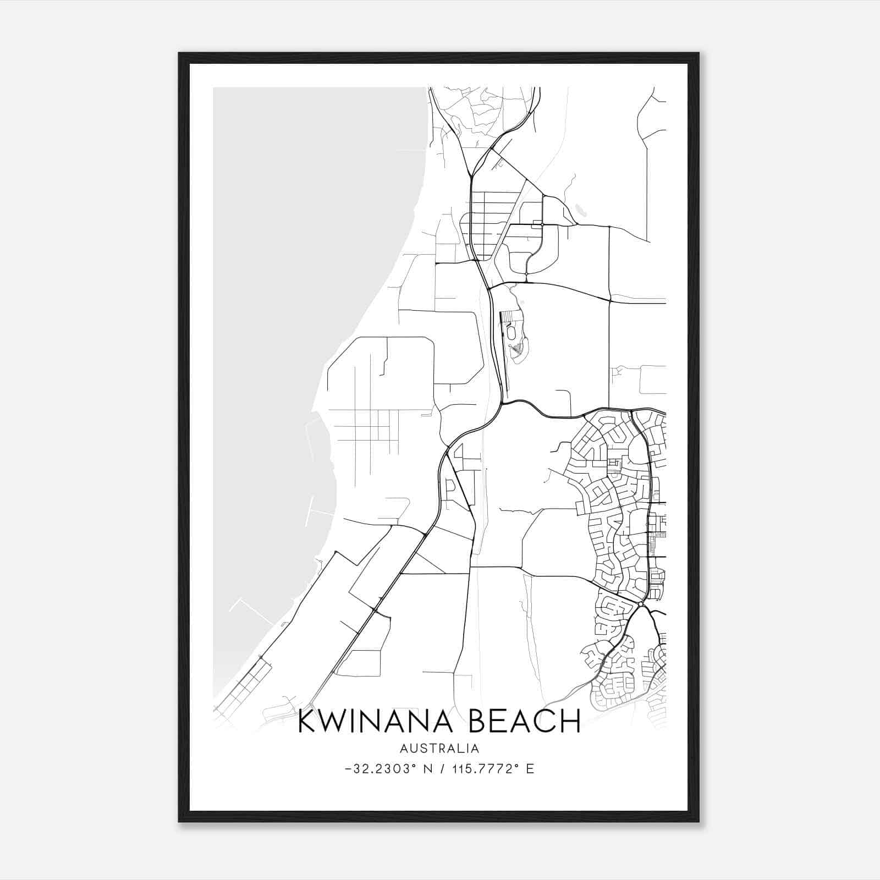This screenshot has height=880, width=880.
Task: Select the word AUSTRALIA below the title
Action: click(439, 749)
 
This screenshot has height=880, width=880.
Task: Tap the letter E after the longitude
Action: click(530, 769)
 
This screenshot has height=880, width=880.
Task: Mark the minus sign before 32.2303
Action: click(348, 769)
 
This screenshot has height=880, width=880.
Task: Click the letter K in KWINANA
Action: click(306, 721)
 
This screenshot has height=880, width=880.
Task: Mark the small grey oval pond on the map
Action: click(579, 210)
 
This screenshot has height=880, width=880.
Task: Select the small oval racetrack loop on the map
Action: click(512, 333)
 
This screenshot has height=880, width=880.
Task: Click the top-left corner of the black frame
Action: click(179, 54)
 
